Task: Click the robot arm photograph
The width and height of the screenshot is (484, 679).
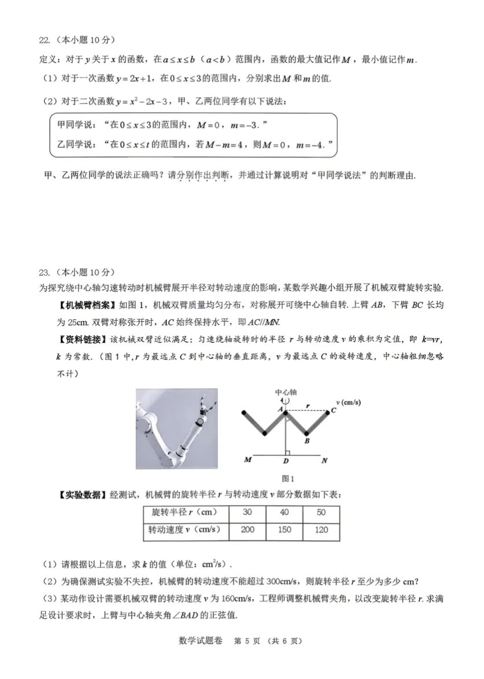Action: (x=176, y=429)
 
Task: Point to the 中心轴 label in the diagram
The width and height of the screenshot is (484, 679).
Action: (x=285, y=391)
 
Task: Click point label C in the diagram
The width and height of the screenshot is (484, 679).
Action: (x=333, y=411)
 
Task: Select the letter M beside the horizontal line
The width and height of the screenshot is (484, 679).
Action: (x=247, y=461)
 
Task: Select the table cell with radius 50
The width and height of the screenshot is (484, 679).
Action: (x=321, y=513)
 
